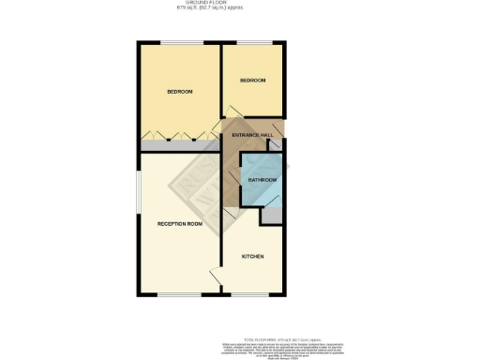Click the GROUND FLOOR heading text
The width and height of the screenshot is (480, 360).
click(x=239, y=4)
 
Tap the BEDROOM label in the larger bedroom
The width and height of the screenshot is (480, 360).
click(x=179, y=91)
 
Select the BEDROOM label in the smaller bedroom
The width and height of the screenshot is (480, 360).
click(x=253, y=81)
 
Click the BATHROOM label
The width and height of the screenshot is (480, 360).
click(x=262, y=179)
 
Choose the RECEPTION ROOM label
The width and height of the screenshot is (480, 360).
click(x=180, y=224)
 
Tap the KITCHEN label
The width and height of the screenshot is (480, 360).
click(x=253, y=256)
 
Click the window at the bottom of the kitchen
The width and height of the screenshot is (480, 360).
click(x=251, y=295)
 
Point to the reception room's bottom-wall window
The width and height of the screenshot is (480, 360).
click(x=178, y=295)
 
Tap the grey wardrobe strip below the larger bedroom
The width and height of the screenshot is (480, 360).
click(x=180, y=146)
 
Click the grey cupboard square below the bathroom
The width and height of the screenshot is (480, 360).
click(x=271, y=215)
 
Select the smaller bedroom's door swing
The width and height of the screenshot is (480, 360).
click(x=230, y=124)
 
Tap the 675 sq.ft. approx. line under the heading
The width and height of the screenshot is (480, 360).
click(x=239, y=9)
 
